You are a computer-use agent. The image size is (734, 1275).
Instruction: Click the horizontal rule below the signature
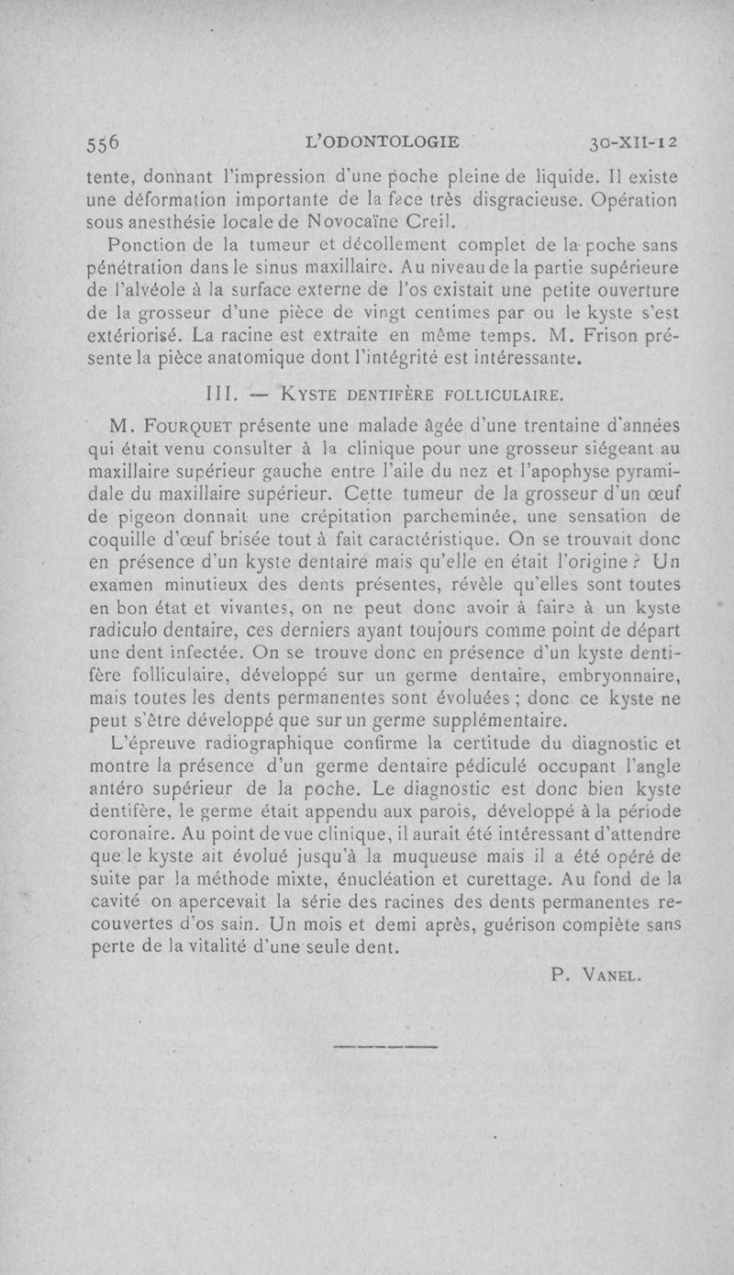pyautogui.click(x=385, y=1046)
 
